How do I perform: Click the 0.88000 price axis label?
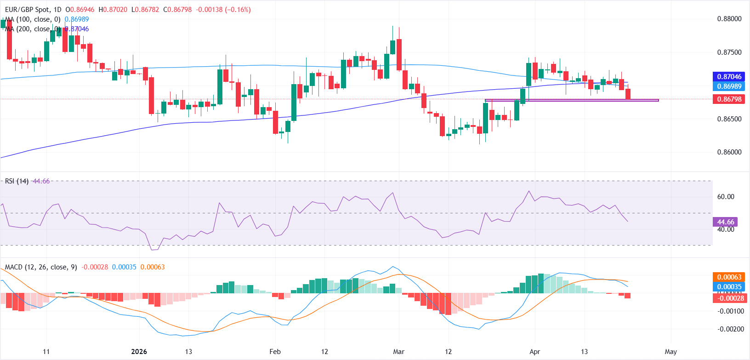tap(729, 19)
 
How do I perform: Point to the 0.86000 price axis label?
tap(729, 152)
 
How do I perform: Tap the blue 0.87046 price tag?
tap(729, 77)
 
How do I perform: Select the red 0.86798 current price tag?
tap(729, 99)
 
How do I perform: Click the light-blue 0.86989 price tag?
tap(729, 86)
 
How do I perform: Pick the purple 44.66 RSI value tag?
tap(726, 222)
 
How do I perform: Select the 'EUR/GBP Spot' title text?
tap(27, 10)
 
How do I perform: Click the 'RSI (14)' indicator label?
tap(17, 181)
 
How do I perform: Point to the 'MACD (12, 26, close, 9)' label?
tap(41, 267)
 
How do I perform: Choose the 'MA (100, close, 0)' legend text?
tap(33, 19)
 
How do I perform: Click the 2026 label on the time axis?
tap(139, 352)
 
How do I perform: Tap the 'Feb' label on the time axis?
tap(275, 352)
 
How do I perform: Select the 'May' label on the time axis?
tap(670, 352)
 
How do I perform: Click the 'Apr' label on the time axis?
tap(534, 352)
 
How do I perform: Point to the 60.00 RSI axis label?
tap(726, 197)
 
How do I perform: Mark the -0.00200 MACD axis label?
tap(731, 329)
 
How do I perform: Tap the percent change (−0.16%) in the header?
tap(238, 10)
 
